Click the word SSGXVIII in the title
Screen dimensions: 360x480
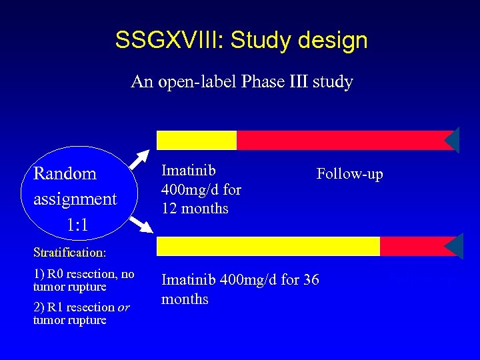click(169, 40)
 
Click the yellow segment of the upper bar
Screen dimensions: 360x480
click(197, 140)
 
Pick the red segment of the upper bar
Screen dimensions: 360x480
click(340, 140)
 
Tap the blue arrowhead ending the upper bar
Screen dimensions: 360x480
click(453, 140)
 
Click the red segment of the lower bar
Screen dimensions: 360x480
click(411, 246)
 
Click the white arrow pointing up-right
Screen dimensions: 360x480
click(138, 160)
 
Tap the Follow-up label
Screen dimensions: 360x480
click(349, 174)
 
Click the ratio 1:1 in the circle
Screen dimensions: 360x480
click(78, 225)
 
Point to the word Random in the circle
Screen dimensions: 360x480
click(65, 173)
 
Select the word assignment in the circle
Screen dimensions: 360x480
click(75, 199)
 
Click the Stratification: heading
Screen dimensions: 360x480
click(69, 253)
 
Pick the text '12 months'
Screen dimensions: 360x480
click(195, 208)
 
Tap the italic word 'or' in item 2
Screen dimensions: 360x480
click(123, 307)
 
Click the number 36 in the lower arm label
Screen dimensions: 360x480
click(311, 280)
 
